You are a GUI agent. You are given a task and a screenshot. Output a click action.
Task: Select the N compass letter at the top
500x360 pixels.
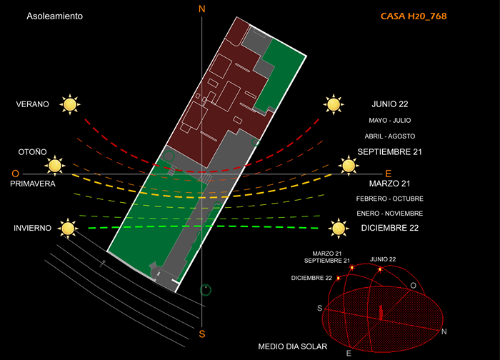tap(202, 9)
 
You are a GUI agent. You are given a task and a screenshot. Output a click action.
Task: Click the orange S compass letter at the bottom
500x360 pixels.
tap(202, 334)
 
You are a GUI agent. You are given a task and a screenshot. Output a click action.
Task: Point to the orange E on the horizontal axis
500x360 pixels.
tap(389, 174)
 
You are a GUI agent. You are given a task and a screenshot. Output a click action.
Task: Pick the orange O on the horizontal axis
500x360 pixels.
tap(15, 174)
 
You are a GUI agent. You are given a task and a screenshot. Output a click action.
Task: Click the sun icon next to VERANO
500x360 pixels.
tap(69, 104)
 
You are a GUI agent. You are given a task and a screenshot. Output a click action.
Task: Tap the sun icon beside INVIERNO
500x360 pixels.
tap(68, 229)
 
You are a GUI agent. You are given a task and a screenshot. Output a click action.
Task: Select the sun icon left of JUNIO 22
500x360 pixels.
tap(332, 104)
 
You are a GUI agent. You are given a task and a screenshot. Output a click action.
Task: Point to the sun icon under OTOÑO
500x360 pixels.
tap(54, 166)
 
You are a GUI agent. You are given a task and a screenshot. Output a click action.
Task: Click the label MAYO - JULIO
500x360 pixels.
tap(389, 121)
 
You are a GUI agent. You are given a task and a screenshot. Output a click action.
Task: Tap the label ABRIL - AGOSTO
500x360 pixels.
tap(389, 136)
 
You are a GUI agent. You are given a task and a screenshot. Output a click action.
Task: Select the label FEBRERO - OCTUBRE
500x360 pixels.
tap(389, 199)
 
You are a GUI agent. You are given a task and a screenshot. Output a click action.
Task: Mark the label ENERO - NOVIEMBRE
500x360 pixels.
tap(389, 214)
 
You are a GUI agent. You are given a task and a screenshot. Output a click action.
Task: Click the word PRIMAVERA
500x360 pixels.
tap(33, 184)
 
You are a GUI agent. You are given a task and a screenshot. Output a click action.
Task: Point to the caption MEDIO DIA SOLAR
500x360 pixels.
tap(293, 346)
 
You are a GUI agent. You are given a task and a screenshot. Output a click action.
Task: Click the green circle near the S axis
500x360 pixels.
tap(206, 289)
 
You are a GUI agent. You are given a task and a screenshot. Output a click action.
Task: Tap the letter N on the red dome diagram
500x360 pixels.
tap(444, 332)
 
